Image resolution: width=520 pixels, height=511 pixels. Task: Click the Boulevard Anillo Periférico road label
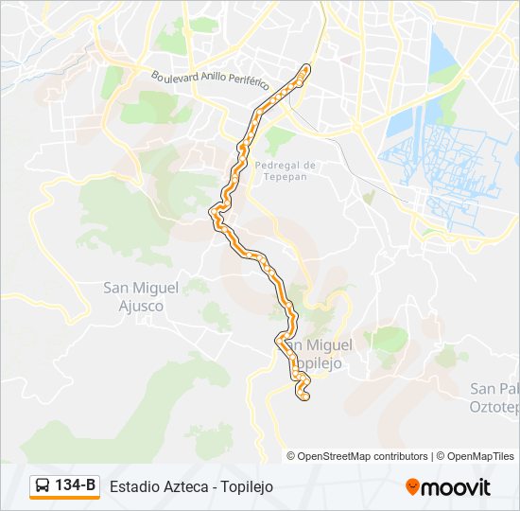(x=211, y=79)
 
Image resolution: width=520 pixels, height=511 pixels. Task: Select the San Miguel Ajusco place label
(x=133, y=296)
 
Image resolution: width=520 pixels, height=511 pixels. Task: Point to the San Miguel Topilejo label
(x=318, y=354)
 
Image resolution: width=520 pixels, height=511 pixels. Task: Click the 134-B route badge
(x=64, y=486)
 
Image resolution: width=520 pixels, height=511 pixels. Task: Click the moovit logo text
(x=457, y=487)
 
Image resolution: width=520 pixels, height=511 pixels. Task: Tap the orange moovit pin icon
(x=413, y=487)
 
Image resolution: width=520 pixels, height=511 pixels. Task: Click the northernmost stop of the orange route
(x=305, y=67)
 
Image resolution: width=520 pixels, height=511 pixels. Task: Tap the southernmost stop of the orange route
(x=304, y=396)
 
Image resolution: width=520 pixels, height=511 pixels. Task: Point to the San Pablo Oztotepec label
(x=494, y=397)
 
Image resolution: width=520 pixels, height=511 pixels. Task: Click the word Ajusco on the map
(x=133, y=306)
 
